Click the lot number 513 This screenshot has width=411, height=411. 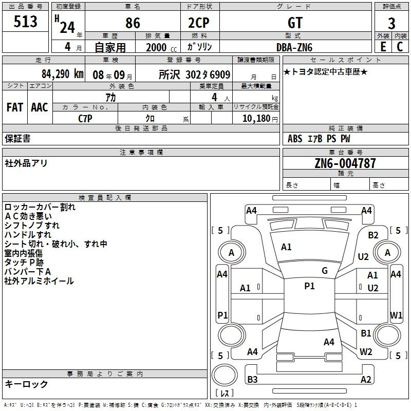click(25, 22)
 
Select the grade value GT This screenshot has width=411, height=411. click(295, 23)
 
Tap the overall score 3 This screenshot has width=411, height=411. click(391, 23)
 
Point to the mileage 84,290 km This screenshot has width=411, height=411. click(62, 74)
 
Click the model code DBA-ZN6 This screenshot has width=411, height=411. click(294, 47)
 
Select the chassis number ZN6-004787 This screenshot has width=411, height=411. click(345, 163)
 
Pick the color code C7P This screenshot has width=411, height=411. click(85, 119)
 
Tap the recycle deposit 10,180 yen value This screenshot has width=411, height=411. click(260, 119)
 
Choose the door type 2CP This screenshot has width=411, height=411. click(199, 23)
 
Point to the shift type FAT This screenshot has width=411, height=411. click(15, 107)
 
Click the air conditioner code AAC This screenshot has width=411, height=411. click(40, 107)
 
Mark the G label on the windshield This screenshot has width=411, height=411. click(325, 271)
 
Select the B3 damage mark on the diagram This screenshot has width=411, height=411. click(252, 379)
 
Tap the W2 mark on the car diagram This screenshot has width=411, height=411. click(366, 351)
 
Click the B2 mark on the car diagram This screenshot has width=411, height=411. click(373, 235)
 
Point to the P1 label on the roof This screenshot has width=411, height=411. click(309, 286)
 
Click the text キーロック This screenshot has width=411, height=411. click(26, 384)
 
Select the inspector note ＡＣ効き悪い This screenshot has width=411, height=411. click(28, 216)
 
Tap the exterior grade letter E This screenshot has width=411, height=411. click(383, 47)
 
